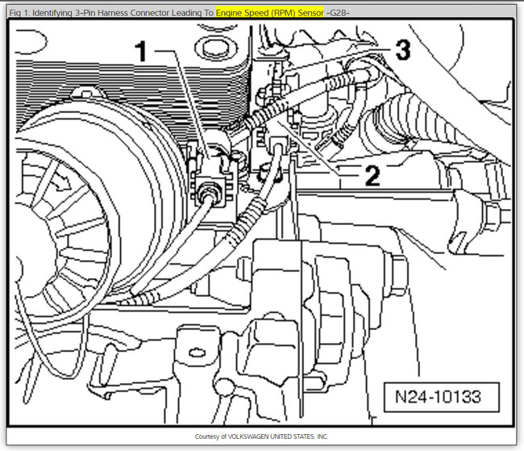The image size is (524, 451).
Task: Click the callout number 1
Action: pos(140,54)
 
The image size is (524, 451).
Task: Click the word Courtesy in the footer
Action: pos(207,436)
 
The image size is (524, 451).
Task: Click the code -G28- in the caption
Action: pos(339,13)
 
